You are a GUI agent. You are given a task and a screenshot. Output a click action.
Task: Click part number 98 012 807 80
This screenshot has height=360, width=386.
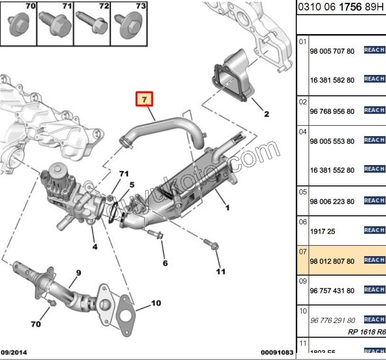click(x=332, y=261)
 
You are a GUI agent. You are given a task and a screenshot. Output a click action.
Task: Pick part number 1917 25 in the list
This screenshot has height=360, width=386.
click(x=322, y=231)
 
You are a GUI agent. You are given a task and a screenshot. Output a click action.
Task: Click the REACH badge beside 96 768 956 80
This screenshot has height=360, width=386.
click(x=374, y=110)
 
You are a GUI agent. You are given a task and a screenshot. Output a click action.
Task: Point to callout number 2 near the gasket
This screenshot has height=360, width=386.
click(x=266, y=114)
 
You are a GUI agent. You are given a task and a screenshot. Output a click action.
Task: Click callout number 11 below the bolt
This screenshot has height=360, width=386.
click(x=220, y=271)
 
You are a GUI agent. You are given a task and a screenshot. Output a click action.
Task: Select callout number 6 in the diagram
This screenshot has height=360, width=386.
click(x=165, y=263)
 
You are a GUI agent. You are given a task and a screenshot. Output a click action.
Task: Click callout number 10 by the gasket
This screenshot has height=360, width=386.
click(x=156, y=303)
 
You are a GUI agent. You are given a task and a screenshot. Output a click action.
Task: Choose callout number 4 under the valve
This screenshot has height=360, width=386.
click(x=95, y=247)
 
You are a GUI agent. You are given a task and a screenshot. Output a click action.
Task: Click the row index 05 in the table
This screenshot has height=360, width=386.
click(x=303, y=192)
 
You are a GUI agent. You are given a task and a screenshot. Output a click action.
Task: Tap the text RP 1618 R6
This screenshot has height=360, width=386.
click(x=367, y=332)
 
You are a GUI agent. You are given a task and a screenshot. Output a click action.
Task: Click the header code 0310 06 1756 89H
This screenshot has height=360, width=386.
click(x=341, y=8)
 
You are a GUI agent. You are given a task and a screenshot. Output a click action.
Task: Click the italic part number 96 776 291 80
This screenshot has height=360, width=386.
click(x=332, y=321)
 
